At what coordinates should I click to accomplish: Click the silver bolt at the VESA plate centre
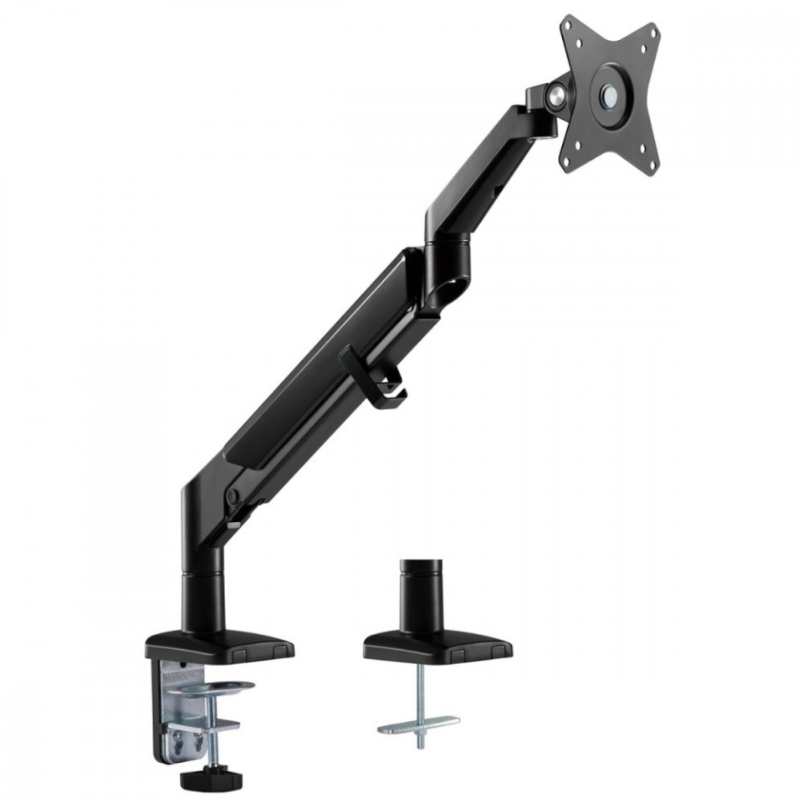613,95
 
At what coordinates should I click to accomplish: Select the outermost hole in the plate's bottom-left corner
572,161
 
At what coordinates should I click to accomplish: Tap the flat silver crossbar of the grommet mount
418,723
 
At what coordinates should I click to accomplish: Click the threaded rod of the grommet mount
419,698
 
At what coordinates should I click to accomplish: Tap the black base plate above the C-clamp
219,644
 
